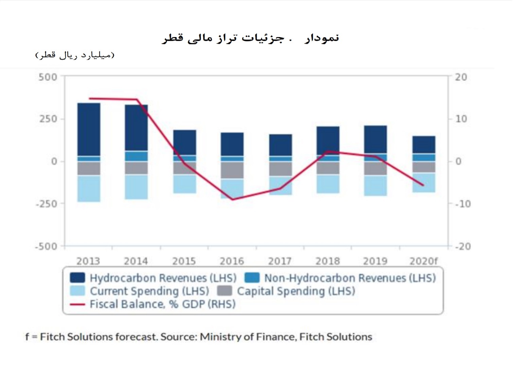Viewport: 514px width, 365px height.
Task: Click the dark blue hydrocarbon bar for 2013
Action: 89,129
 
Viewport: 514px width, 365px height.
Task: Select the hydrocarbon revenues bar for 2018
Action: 328,140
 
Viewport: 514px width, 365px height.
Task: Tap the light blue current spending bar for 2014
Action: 136,187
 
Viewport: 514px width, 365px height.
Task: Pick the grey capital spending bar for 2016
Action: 232,170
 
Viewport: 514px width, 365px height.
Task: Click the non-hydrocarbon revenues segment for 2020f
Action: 424,157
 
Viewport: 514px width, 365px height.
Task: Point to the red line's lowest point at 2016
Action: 232,199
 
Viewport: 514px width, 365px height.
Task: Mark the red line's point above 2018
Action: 327,151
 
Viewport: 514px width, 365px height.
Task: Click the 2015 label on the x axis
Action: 184,261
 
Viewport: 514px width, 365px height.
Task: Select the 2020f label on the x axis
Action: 423,261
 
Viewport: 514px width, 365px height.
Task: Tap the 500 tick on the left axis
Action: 48,77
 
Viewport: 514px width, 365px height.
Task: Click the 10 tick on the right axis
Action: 461,119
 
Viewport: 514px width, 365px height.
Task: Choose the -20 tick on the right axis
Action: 463,246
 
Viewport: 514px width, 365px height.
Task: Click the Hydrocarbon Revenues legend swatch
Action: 77,278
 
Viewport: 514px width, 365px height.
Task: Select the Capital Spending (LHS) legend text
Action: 296,291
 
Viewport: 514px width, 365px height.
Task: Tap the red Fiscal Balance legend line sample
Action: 77,304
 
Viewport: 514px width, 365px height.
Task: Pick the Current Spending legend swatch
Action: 77,291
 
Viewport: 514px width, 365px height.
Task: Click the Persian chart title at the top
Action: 250,38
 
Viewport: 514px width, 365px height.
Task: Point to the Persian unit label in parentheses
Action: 75,55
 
